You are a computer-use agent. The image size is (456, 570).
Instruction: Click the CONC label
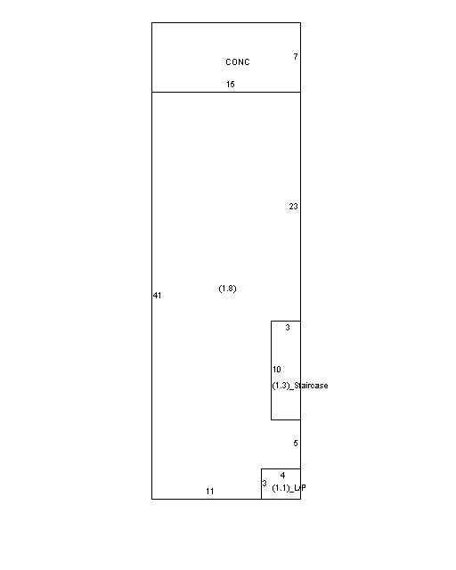(238, 62)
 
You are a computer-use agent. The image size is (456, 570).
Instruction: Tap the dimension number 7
(296, 57)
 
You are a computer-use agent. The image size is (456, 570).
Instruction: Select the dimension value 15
(231, 85)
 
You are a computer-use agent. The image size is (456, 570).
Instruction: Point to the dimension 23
(293, 207)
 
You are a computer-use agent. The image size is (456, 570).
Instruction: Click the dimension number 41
(157, 295)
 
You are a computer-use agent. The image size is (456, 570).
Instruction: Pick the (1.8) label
(227, 289)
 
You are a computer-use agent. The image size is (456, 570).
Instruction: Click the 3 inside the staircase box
(288, 328)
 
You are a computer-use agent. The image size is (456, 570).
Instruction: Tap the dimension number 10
(277, 370)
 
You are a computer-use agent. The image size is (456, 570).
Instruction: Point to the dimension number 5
(296, 444)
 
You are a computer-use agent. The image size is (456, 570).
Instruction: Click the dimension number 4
(282, 476)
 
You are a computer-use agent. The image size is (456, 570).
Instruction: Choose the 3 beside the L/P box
(265, 484)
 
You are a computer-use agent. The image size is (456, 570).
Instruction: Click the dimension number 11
(210, 492)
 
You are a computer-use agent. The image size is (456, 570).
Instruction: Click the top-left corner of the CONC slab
(151, 22)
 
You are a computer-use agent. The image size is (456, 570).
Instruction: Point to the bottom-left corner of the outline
(151, 499)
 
